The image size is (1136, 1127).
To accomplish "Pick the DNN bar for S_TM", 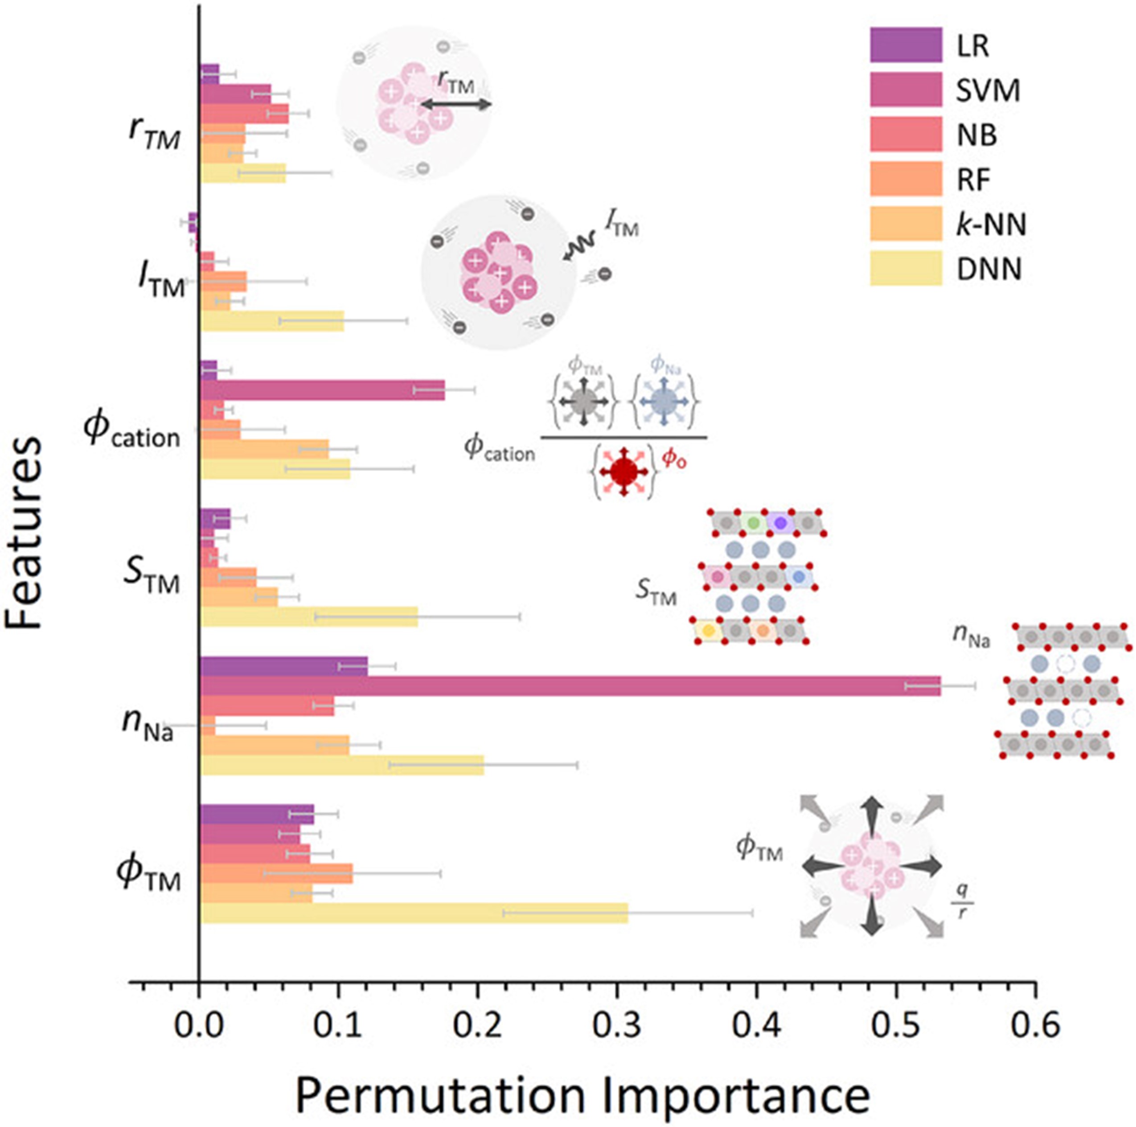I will (309, 617).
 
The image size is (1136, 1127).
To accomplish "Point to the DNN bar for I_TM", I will (272, 321).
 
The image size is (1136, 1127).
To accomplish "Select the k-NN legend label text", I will (991, 225).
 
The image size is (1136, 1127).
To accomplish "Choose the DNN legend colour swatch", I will (906, 269).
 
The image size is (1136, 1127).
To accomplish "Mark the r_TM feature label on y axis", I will (154, 136).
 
